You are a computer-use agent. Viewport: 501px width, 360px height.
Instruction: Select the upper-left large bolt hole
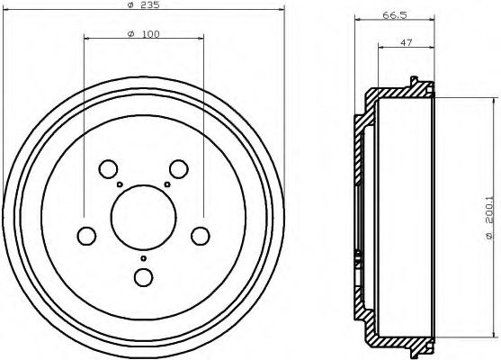[x=107, y=168]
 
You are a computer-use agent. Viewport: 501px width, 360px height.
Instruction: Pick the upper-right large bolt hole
[x=179, y=168]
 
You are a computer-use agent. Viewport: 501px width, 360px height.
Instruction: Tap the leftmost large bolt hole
[x=85, y=236]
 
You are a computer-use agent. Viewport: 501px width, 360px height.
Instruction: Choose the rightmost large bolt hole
[x=201, y=236]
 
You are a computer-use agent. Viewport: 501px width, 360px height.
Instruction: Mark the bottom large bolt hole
[x=142, y=277]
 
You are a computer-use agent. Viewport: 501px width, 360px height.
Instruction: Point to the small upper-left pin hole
[x=119, y=184]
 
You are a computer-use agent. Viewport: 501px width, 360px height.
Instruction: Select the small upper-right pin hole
[x=167, y=184]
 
